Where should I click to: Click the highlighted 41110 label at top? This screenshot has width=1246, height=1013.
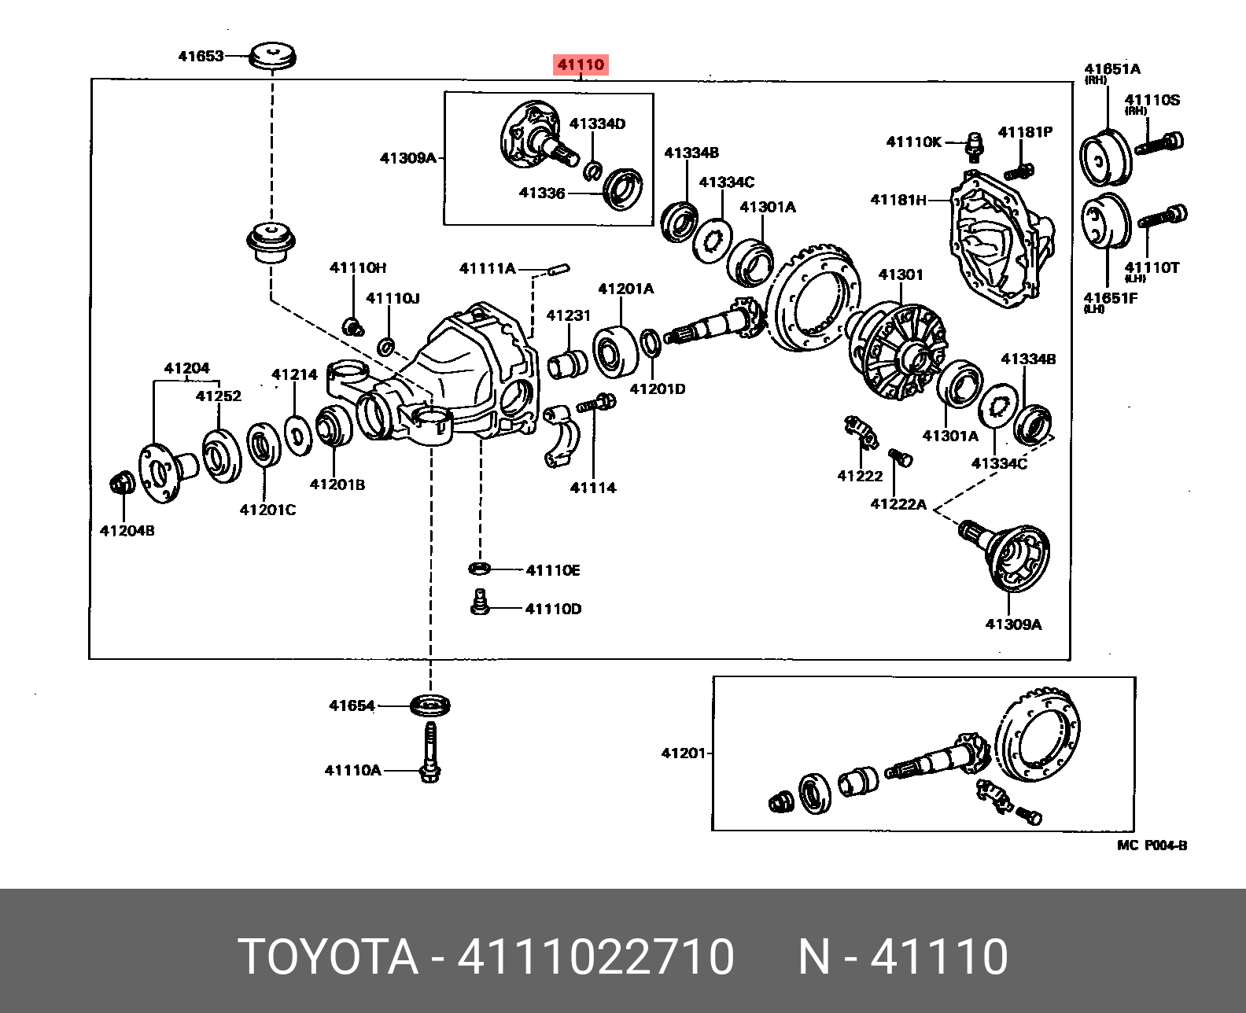coord(581,64)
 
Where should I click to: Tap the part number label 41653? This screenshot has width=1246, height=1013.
coord(201,56)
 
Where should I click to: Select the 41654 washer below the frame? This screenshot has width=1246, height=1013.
coord(431,705)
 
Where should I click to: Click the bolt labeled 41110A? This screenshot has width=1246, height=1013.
coord(429,755)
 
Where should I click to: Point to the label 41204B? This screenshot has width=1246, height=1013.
coord(127,531)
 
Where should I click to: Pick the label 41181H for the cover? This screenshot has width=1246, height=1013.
coord(898,200)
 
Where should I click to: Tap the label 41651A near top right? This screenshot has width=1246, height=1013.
coord(1112,69)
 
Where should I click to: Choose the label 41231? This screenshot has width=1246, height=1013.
coord(568,315)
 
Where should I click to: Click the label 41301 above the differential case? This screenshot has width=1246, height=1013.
coord(901,274)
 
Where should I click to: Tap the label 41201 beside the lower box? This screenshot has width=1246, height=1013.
coord(683,753)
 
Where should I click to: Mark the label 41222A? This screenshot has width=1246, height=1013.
coord(898,504)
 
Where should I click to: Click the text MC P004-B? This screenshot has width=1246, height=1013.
coord(1152,845)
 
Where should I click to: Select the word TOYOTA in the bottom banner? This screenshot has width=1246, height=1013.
coord(329,956)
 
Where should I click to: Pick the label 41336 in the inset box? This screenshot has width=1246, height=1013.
coord(542,193)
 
